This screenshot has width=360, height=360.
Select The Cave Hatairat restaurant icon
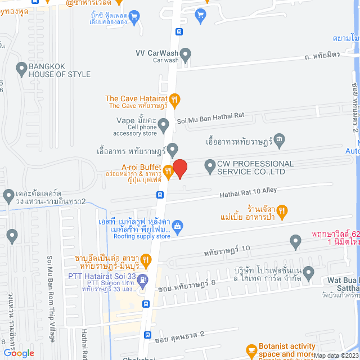175,100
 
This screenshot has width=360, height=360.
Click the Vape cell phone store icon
164,123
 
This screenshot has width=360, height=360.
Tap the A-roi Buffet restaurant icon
167,170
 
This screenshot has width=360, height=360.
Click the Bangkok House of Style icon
22,70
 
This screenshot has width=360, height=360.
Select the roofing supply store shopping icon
178,227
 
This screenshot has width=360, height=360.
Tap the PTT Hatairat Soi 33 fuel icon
144,280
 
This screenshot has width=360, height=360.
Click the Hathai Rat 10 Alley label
247,192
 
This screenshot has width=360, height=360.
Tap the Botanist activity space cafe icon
251,350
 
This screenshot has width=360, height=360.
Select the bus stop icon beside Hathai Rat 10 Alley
160,195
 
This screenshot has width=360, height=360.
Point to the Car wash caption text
165,60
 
